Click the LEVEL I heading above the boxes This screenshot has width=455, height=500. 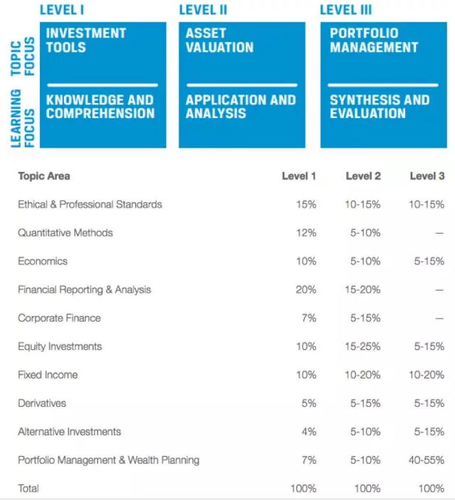(x=62, y=9)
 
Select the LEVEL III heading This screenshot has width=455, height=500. (x=346, y=9)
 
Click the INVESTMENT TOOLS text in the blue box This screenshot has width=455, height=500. (x=85, y=40)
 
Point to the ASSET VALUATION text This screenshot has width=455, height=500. (x=219, y=40)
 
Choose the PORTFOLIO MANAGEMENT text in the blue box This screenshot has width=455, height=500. (x=374, y=40)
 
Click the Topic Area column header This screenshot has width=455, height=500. (x=44, y=176)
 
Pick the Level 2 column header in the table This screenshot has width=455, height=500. (x=363, y=176)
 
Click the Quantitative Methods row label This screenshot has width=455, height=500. (x=65, y=233)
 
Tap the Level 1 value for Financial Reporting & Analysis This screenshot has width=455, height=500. (x=306, y=290)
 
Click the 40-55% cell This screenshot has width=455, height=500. (x=427, y=460)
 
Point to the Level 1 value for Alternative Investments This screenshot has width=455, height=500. (x=309, y=432)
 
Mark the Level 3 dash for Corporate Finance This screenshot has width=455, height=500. (x=439, y=318)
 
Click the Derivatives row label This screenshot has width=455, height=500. (x=42, y=403)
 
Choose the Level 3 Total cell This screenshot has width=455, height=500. (x=431, y=489)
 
